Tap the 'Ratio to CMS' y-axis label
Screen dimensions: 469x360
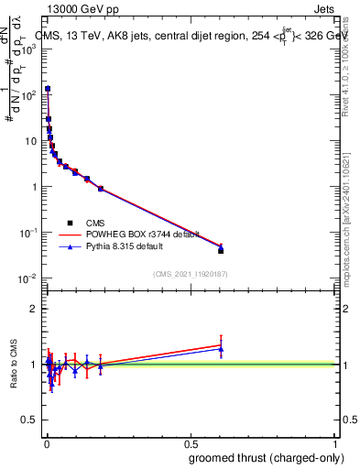[x=14, y=364]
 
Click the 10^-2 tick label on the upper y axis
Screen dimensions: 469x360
[x=27, y=278]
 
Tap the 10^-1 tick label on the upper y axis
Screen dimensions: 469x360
[x=27, y=233]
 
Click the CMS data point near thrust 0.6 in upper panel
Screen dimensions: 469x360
[x=221, y=250]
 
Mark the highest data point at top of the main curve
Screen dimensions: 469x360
[x=47, y=89]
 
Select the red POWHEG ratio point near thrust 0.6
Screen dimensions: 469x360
[x=221, y=344]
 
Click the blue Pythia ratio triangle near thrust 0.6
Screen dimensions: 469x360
[x=221, y=349]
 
